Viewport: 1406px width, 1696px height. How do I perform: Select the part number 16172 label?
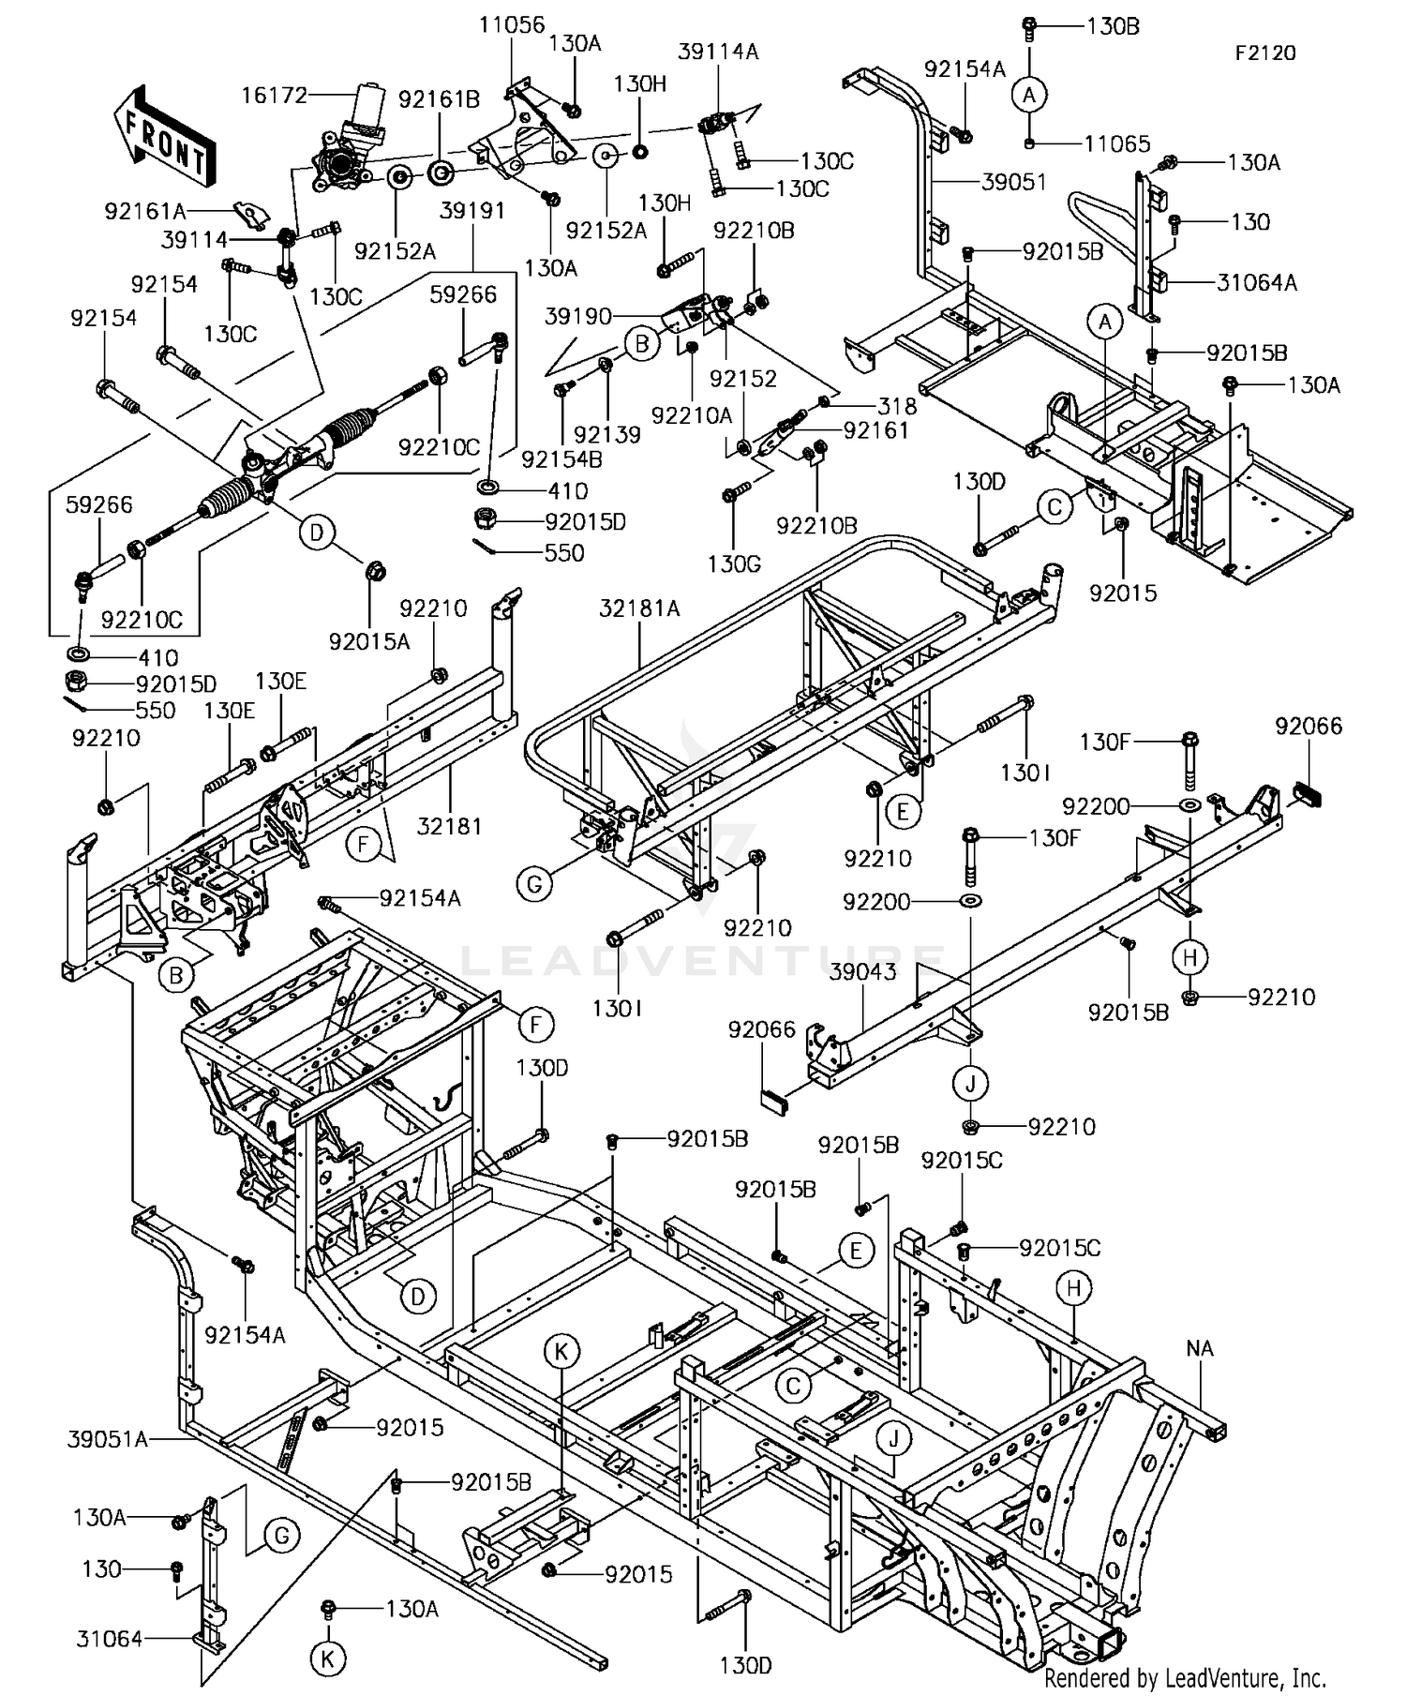pyautogui.click(x=274, y=96)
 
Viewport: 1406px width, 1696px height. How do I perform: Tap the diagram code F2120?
pyautogui.click(x=1264, y=53)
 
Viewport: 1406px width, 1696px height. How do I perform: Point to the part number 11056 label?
pyautogui.click(x=512, y=24)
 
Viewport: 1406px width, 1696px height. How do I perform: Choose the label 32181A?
pyautogui.click(x=640, y=609)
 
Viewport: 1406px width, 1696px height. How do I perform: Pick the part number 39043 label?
pyautogui.click(x=862, y=972)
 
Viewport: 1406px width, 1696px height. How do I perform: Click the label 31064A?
pyautogui.click(x=1257, y=282)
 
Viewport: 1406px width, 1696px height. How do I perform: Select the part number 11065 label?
pyautogui.click(x=1117, y=144)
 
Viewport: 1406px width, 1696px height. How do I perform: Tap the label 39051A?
pyautogui.click(x=108, y=1438)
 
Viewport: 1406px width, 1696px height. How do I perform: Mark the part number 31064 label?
pyautogui.click(x=110, y=1638)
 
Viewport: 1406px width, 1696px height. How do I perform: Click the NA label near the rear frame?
pyautogui.click(x=1200, y=1348)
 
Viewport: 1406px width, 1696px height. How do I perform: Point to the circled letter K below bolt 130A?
pyautogui.click(x=327, y=1658)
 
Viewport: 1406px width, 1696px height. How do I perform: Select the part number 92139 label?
pyautogui.click(x=607, y=434)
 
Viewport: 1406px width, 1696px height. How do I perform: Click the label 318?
pyautogui.click(x=897, y=406)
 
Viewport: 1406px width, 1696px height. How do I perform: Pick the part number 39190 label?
pyautogui.click(x=578, y=317)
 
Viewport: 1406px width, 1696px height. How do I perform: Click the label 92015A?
pyautogui.click(x=370, y=641)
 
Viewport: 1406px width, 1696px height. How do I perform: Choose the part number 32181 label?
pyautogui.click(x=450, y=826)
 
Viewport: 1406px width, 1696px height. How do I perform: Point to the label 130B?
pyautogui.click(x=1114, y=26)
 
